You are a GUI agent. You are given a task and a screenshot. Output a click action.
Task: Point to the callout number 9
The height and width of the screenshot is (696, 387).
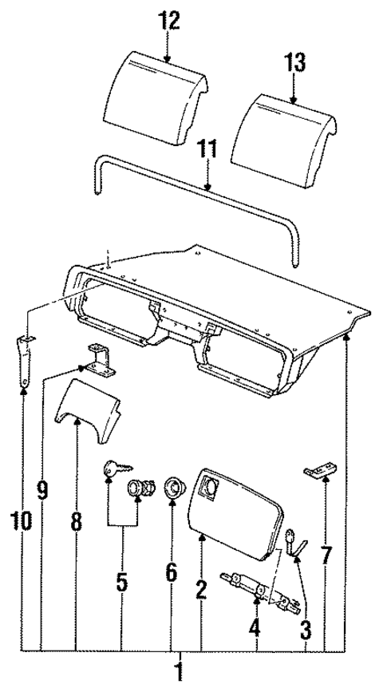[42, 489]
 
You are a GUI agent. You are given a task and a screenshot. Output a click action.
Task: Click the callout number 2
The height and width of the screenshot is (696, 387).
[201, 590]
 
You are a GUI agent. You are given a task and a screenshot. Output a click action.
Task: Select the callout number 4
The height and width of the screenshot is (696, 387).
[254, 627]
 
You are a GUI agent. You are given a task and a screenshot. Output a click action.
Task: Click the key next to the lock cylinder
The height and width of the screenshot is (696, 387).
[110, 472]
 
